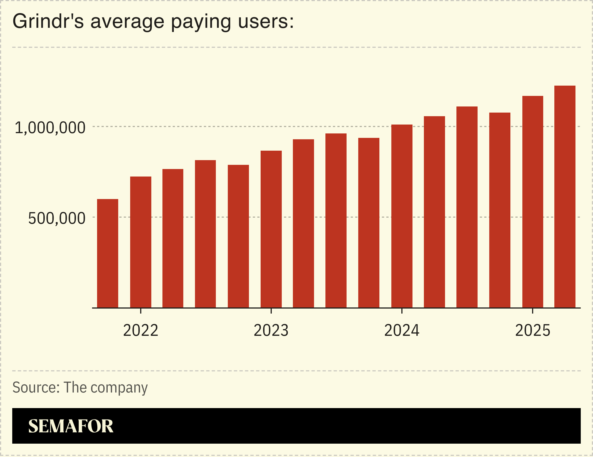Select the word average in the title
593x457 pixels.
pos(127,22)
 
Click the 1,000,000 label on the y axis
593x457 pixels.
pos(50,128)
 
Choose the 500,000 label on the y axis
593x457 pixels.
pos(57,218)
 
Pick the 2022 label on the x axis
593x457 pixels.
pos(140,331)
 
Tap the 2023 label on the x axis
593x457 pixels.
pos(271,331)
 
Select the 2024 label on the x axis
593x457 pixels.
pos(402,331)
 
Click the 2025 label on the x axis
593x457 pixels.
pos(533,331)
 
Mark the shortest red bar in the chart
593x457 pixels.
pos(108,253)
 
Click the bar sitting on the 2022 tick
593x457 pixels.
pos(141,242)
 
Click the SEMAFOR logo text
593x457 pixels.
pos(71,426)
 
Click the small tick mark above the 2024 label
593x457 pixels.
pos(402,311)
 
